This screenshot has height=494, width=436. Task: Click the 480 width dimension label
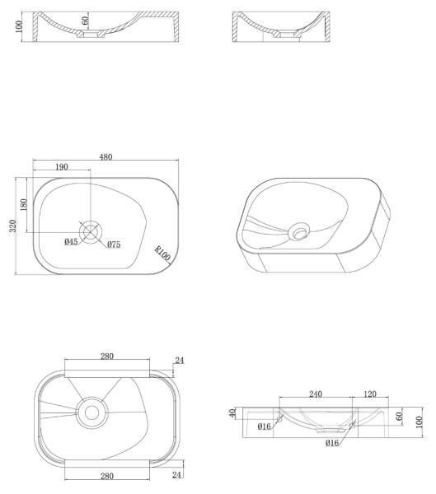point(105,156)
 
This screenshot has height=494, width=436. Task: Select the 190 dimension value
point(62,166)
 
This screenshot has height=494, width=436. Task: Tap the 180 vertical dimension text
point(23,205)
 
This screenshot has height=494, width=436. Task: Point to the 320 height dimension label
point(12,226)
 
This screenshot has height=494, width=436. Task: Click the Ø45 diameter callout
point(71,241)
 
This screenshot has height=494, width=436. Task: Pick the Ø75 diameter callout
point(114,245)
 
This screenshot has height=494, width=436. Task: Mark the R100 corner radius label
point(162,254)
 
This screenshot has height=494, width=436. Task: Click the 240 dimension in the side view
point(316,394)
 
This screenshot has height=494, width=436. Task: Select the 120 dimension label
point(370,394)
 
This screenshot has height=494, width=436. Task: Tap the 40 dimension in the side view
point(232,413)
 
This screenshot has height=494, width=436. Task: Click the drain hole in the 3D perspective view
point(299,234)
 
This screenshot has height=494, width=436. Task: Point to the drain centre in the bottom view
point(91,412)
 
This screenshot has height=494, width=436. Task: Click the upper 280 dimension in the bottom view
point(107,356)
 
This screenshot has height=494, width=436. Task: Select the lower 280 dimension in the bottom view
point(107,476)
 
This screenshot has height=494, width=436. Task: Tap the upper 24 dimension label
point(180,360)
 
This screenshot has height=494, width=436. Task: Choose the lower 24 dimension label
point(176,474)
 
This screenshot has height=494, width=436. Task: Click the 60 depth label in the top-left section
point(85,21)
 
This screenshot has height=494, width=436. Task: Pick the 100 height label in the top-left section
point(19,27)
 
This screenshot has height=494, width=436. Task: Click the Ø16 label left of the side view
point(264,426)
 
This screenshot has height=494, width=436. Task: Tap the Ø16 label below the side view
point(332,443)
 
